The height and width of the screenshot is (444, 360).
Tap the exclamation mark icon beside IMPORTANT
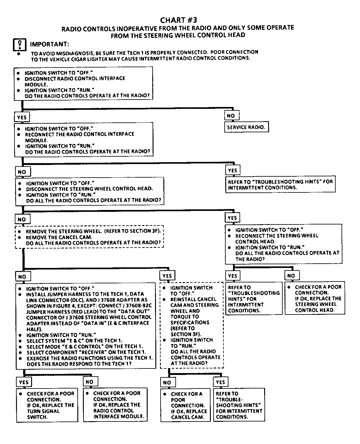pos(19,44)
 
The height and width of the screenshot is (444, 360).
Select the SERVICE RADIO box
pos(246,127)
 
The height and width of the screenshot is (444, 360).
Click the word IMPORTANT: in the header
pos(50,44)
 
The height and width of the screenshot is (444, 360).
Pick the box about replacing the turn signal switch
pos(47,405)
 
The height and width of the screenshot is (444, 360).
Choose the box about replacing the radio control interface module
pos(115,405)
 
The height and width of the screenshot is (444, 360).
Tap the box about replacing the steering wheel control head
pos(314,298)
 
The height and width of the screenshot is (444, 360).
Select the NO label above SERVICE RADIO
pos(231,116)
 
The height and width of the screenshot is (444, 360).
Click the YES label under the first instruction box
pos(22,117)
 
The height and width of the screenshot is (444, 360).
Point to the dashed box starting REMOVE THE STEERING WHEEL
pos(89,237)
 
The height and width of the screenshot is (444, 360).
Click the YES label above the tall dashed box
pos(167,276)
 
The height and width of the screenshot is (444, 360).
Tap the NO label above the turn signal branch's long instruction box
pos(22,277)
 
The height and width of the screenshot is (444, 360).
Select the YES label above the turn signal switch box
pos(23,382)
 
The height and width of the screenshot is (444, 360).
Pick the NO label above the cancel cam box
pos(167,383)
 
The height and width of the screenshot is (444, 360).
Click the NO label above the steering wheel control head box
pos(291,276)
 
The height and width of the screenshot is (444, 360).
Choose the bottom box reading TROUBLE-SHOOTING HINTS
pos(239,405)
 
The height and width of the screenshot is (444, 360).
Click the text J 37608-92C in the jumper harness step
pos(136,306)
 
